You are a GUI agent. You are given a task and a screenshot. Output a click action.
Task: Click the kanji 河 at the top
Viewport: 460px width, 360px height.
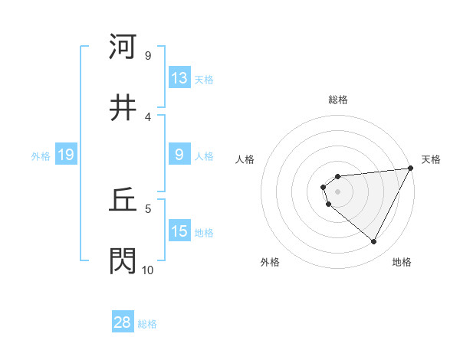click(x=123, y=47)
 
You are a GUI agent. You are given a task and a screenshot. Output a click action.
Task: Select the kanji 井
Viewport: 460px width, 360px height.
click(x=123, y=108)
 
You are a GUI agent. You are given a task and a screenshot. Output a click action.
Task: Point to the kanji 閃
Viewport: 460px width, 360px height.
click(x=123, y=261)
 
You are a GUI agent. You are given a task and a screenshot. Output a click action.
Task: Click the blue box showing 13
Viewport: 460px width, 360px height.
click(x=179, y=78)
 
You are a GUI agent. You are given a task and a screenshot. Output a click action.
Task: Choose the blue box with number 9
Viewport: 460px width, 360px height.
click(x=179, y=155)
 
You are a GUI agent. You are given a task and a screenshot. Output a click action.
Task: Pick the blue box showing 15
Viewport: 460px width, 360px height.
click(x=179, y=231)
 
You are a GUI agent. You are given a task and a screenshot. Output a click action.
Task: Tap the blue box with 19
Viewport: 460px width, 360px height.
click(x=65, y=155)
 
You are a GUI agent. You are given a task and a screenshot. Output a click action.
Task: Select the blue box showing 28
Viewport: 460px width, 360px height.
click(x=123, y=322)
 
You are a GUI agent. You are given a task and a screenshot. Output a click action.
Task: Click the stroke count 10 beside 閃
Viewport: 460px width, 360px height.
click(x=147, y=270)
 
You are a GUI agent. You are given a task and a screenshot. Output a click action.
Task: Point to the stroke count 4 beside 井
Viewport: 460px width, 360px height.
click(x=147, y=116)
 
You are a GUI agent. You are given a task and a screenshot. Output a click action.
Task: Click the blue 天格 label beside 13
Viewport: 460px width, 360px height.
click(x=204, y=79)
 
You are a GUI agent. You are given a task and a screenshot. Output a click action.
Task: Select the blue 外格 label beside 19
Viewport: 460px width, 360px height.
click(x=41, y=156)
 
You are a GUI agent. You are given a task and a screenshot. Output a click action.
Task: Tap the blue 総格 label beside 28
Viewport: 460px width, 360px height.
click(x=147, y=323)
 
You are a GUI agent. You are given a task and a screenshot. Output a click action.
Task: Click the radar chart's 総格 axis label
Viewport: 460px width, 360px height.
click(x=338, y=100)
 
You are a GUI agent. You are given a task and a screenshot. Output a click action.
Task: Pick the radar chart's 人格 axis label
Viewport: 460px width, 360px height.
click(x=245, y=159)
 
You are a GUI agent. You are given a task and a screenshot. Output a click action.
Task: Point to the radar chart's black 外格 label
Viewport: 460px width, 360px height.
click(x=270, y=262)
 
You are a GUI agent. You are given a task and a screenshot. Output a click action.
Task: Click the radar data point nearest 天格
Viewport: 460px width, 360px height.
click(x=412, y=168)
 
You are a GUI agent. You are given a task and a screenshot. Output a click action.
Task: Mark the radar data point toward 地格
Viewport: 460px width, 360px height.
click(x=374, y=242)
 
